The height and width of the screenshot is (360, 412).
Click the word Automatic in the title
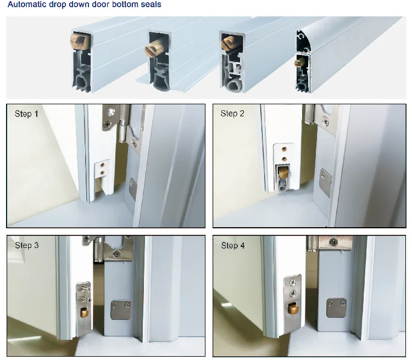click(27, 5)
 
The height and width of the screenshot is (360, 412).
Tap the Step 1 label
click(27, 114)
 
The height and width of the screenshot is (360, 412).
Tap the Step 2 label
click(232, 114)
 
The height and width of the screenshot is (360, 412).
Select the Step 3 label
click(26, 245)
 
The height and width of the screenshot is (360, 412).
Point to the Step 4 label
click(233, 245)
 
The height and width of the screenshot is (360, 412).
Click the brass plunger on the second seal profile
click(152, 50)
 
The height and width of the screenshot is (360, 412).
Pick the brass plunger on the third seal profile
click(226, 41)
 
